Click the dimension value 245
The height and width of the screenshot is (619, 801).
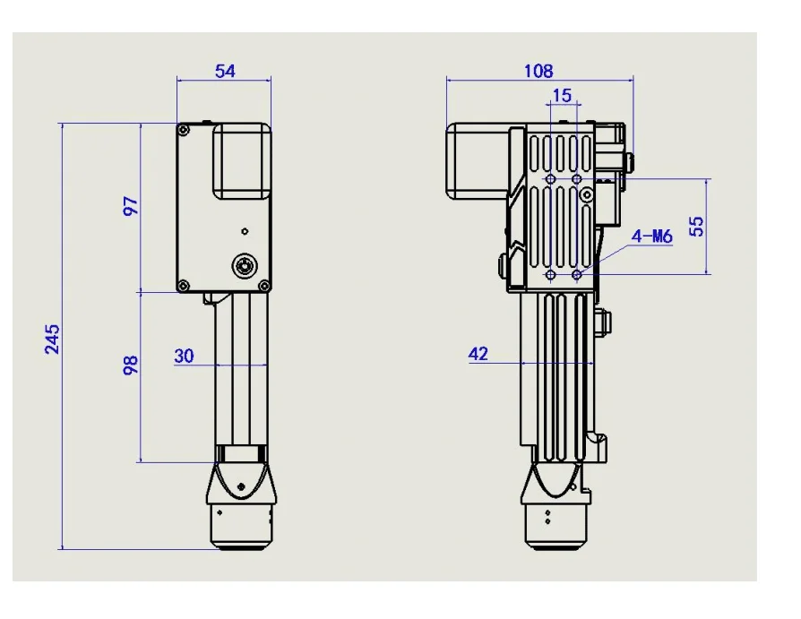tap(53, 339)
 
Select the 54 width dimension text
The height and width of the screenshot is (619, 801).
tap(225, 71)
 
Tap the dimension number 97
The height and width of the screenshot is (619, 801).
tap(132, 206)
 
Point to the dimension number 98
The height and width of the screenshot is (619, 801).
tap(132, 364)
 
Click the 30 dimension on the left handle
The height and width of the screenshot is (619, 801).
tap(184, 356)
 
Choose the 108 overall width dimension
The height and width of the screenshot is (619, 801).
tap(539, 71)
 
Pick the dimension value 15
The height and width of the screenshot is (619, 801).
tap(562, 96)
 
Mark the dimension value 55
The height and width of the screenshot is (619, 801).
tap(696, 225)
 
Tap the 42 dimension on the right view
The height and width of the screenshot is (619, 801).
tap(478, 355)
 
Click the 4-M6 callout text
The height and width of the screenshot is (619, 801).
tap(651, 236)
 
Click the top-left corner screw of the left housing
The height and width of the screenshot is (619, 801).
tap(184, 131)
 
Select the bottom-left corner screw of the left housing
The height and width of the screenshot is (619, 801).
tap(184, 286)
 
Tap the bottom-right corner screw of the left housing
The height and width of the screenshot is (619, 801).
tap(263, 286)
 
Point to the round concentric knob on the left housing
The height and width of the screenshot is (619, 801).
tap(243, 265)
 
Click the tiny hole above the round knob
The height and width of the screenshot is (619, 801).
tap(243, 231)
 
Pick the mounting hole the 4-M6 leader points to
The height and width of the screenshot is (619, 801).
tap(577, 274)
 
